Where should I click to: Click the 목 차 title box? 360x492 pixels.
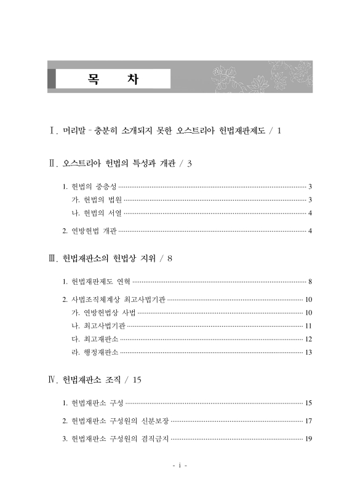click(113, 79)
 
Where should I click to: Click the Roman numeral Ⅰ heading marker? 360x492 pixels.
click(53, 130)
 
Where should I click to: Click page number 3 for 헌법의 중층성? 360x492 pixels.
click(310, 186)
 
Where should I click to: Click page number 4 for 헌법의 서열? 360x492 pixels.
click(310, 213)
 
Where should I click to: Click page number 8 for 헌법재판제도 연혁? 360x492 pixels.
click(310, 282)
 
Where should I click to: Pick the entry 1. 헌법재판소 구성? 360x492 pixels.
click(93, 403)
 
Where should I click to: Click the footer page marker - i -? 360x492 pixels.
click(180, 466)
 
